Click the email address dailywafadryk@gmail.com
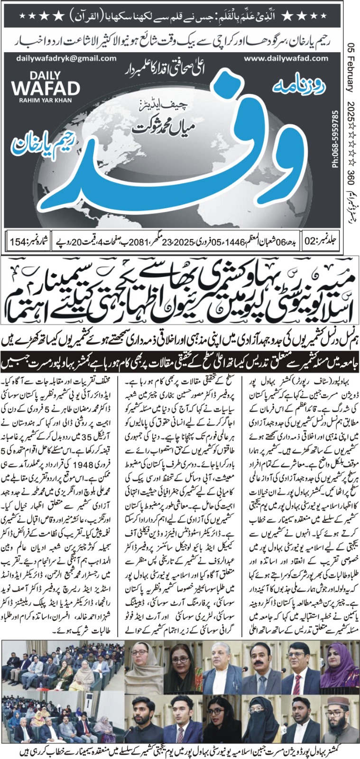point(66,58)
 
